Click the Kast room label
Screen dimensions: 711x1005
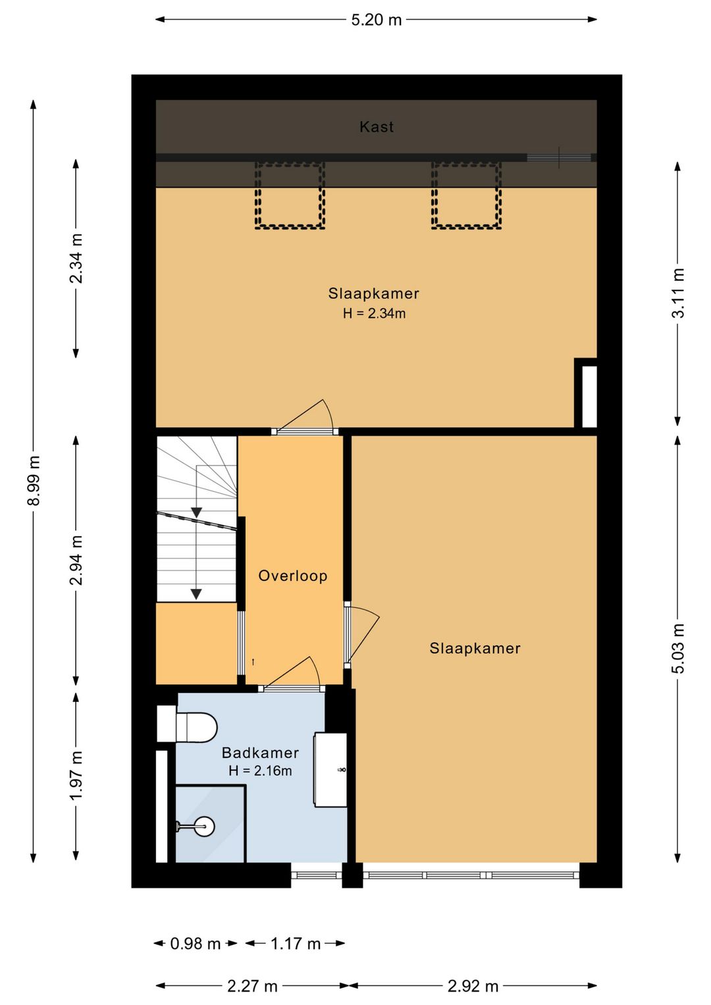[x=377, y=127]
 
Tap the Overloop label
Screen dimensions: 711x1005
[x=292, y=576]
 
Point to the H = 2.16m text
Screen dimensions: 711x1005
[x=260, y=771]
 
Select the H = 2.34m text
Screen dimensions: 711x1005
[x=374, y=313]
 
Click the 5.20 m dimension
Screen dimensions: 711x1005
[x=377, y=20]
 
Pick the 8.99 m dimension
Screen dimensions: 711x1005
[x=34, y=481]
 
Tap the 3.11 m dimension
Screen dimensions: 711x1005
[x=678, y=294]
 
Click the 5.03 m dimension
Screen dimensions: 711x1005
[x=678, y=649]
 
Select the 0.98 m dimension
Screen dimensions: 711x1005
[x=195, y=944]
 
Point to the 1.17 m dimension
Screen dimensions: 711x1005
[x=296, y=944]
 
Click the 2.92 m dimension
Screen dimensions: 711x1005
[x=473, y=986]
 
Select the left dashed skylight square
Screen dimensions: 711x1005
[x=290, y=196]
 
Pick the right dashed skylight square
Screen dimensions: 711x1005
[x=466, y=196]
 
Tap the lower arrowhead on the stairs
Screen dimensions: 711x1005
[x=196, y=594]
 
